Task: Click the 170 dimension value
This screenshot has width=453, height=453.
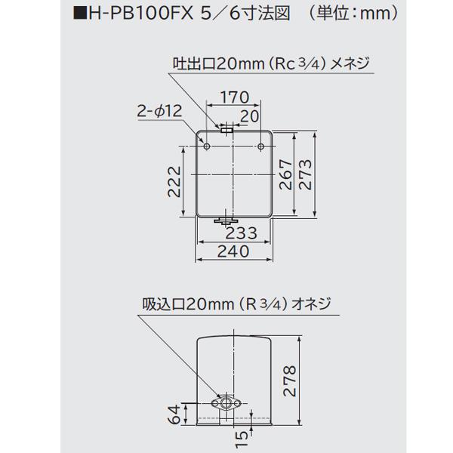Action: tap(233, 97)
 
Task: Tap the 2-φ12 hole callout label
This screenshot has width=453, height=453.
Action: tap(161, 111)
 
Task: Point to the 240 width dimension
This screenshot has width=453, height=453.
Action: tap(233, 254)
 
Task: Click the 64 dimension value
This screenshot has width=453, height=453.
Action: tap(171, 414)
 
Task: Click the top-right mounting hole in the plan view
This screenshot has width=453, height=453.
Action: tap(261, 141)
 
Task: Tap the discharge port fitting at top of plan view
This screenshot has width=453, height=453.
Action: tap(226, 130)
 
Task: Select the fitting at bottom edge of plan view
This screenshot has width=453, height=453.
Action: tap(226, 221)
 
